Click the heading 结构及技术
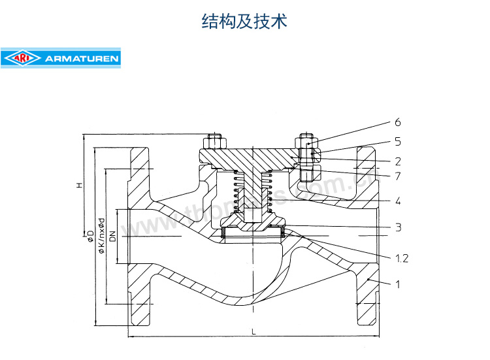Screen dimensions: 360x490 [x=244, y=22]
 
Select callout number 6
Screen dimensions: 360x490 [x=397, y=122]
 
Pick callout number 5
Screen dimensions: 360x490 [x=397, y=141]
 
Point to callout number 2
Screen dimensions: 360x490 [x=397, y=160]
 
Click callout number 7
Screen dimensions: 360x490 [x=397, y=176]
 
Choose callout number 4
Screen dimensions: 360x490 [x=397, y=201]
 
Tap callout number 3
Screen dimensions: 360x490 [x=397, y=227]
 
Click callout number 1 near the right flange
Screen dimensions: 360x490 [x=397, y=284]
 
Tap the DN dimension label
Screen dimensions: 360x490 [x=113, y=238]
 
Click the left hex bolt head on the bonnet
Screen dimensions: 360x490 [x=214, y=142]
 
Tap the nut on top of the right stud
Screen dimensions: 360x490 [x=307, y=142]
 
